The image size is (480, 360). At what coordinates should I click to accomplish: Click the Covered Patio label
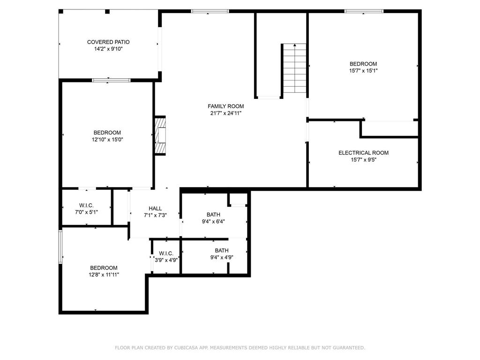(108, 42)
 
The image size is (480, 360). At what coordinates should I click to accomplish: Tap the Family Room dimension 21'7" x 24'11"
(225, 113)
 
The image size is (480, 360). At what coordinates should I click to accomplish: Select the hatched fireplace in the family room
(160, 135)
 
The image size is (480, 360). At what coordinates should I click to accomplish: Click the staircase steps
(294, 68)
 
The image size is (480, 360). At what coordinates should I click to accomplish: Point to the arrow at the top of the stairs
(295, 45)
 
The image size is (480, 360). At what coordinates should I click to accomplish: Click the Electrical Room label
(363, 153)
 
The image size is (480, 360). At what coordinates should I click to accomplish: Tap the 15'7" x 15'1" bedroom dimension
(363, 71)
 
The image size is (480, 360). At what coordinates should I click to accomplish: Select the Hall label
(155, 209)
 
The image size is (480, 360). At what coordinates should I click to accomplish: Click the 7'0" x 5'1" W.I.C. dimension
(86, 212)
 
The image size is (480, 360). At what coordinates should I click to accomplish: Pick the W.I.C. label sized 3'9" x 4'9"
(166, 254)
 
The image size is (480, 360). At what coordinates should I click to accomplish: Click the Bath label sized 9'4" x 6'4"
(213, 215)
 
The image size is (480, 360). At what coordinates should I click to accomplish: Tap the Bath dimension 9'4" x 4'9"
(222, 257)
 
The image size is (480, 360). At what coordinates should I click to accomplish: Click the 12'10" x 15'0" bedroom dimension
(107, 140)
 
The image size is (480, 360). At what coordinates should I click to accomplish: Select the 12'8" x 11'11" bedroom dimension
(104, 275)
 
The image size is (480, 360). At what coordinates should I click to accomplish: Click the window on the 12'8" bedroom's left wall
(60, 247)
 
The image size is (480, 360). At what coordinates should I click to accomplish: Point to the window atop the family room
(210, 11)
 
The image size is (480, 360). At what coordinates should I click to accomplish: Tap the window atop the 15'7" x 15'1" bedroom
(364, 11)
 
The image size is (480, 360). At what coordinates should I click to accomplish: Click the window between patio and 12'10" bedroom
(112, 81)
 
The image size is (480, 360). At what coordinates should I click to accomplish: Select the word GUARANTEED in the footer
(349, 348)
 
